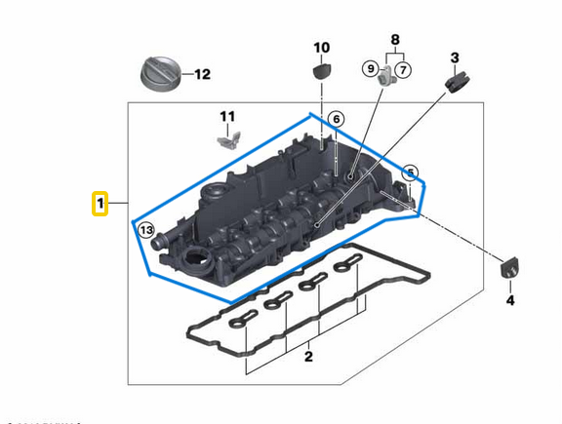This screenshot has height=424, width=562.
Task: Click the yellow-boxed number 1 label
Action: pos(100,204)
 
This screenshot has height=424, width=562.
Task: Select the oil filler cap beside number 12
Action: pos(158,75)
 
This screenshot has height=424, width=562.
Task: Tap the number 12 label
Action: pos(201,74)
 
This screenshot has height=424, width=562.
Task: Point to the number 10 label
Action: pos(321,47)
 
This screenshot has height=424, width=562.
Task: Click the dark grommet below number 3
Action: pos(453,83)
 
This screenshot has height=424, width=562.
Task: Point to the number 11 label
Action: pos(227,117)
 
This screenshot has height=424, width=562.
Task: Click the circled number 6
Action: pos(336,120)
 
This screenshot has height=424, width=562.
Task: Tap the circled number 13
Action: pos(145,231)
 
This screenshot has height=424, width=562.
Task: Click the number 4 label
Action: pos(508,300)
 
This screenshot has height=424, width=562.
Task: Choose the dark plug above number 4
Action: pos(507,268)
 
